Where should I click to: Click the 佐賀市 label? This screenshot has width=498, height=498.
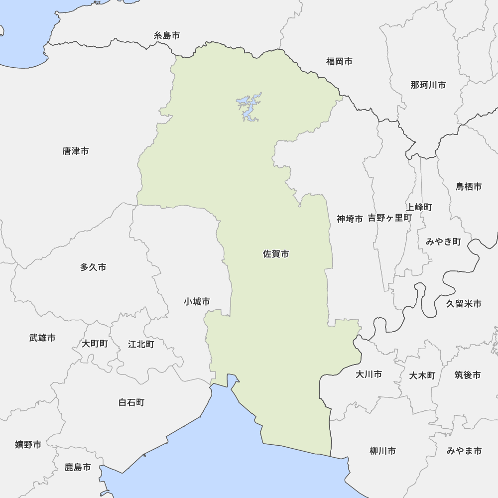(276, 254)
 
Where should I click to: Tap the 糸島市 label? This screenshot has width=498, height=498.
(167, 35)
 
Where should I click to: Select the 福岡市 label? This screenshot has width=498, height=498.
(339, 61)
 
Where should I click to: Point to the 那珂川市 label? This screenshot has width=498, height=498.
(428, 85)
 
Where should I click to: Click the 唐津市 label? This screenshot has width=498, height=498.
(76, 150)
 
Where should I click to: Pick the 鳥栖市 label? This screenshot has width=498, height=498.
(469, 187)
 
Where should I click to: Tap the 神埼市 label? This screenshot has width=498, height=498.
(350, 218)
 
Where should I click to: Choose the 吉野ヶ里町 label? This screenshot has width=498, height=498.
(390, 218)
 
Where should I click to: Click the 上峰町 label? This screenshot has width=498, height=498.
(419, 207)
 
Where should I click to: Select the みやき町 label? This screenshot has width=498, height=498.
(443, 242)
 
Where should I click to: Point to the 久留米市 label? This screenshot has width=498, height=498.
(464, 303)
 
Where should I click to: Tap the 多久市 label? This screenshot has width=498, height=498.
(93, 267)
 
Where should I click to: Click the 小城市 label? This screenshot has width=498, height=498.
(197, 301)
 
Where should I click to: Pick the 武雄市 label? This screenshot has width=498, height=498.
(42, 338)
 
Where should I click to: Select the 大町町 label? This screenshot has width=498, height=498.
(95, 344)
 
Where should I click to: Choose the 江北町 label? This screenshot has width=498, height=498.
(141, 344)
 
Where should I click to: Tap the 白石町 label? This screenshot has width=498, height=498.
(131, 402)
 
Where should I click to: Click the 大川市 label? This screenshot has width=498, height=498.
(369, 373)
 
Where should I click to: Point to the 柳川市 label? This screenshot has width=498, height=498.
(382, 451)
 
